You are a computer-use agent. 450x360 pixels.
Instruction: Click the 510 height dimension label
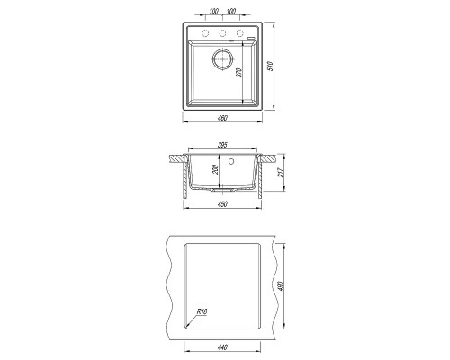[271, 66]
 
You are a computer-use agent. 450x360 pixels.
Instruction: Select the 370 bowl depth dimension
[238, 73]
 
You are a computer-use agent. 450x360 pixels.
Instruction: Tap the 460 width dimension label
[222, 118]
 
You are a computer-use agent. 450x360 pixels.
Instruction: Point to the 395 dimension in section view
[222, 145]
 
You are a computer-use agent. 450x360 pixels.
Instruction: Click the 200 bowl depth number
[215, 170]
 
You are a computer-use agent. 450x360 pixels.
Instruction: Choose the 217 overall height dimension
[281, 172]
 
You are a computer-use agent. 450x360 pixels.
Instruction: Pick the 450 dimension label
[222, 204]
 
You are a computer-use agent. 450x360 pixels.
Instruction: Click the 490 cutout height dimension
[281, 286]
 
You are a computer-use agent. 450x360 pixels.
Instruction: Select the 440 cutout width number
[222, 347]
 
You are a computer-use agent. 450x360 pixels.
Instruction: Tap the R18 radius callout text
[202, 311]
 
